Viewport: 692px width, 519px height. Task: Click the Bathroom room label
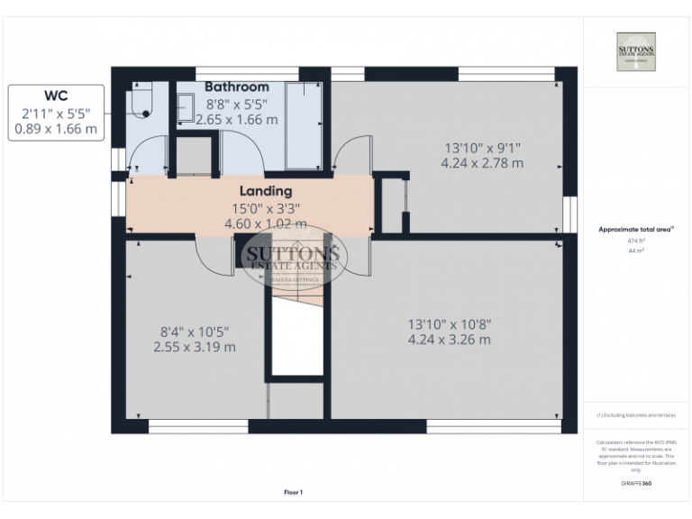[x=236, y=86]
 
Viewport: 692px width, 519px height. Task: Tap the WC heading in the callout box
[x=56, y=96]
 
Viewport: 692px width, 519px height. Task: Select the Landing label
[x=265, y=191]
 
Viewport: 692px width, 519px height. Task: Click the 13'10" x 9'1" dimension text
[x=481, y=148]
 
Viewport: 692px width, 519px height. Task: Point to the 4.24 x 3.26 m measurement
[x=449, y=340]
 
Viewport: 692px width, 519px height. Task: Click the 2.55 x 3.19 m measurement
[x=194, y=347]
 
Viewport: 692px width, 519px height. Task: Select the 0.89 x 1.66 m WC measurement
[x=56, y=130]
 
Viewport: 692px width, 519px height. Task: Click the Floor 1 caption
[x=293, y=492]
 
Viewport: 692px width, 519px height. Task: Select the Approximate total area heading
[x=635, y=230]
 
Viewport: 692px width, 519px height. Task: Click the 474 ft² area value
[x=635, y=241]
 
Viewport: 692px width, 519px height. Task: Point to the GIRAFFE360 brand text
[x=635, y=484]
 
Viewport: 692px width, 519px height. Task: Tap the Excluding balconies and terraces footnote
[x=635, y=414]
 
